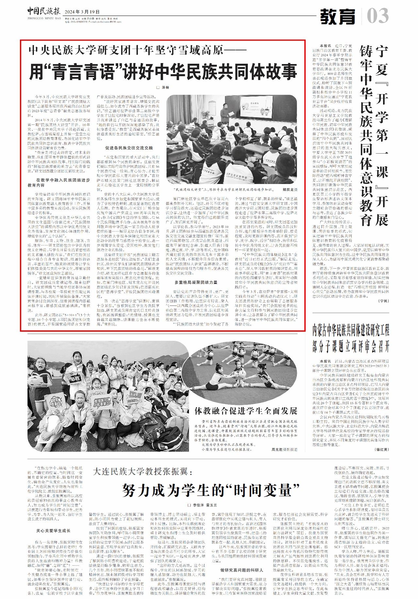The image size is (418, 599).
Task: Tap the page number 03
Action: [378, 16]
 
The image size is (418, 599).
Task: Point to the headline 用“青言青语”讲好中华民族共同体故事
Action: [163, 71]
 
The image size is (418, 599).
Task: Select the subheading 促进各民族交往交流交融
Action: [128, 148]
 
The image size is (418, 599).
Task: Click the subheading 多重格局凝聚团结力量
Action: [196, 282]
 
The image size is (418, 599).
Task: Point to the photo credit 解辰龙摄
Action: [290, 189]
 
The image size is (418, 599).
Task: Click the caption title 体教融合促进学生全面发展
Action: [246, 410]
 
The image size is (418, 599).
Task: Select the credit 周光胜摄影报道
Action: [284, 449]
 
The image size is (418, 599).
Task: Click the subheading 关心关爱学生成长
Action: [53, 531]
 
